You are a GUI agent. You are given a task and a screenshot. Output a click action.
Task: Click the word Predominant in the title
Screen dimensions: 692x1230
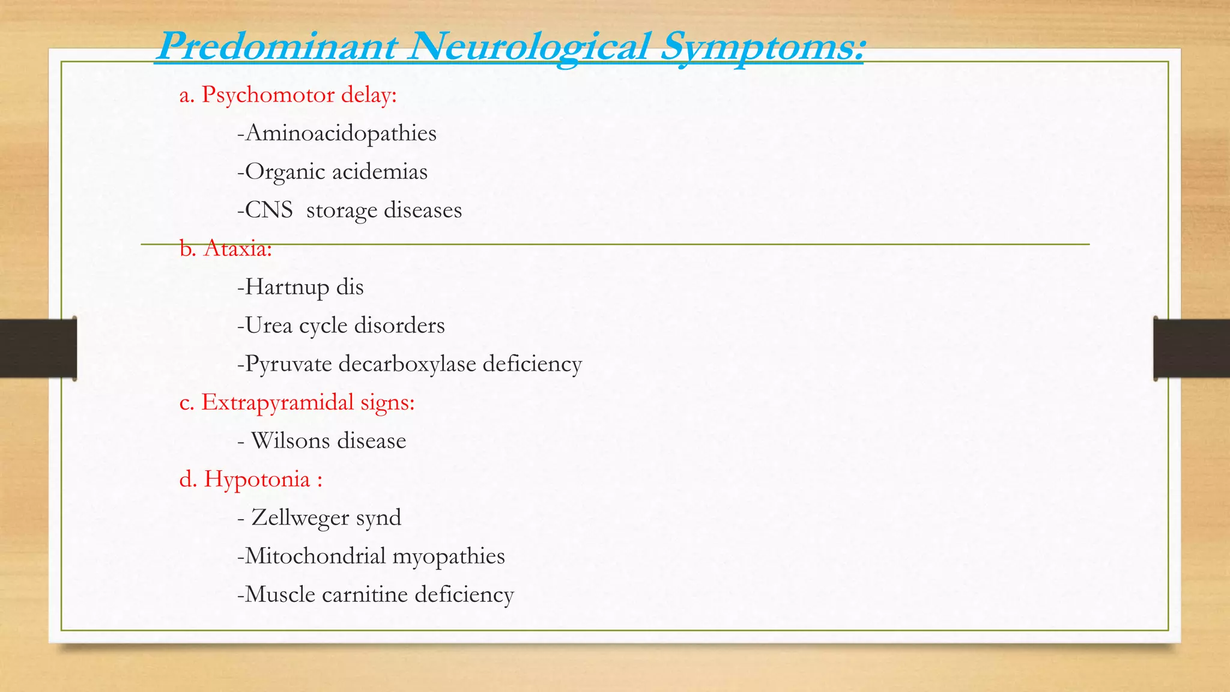[276, 47]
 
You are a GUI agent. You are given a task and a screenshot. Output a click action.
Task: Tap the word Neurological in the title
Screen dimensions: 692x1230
[529, 47]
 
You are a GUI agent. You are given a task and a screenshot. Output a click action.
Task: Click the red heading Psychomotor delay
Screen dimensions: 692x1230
[298, 95]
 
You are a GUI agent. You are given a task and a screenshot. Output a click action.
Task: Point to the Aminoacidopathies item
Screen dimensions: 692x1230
[341, 133]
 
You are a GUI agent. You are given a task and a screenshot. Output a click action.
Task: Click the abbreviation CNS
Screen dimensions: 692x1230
[268, 210]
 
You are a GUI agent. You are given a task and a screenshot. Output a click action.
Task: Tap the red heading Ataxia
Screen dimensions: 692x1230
[237, 248]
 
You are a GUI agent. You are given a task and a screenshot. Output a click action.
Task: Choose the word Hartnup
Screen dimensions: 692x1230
[287, 287]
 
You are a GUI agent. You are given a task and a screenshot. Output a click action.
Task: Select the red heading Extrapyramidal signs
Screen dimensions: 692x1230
[307, 402]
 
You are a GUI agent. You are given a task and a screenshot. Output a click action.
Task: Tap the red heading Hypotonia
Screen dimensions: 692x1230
[257, 479]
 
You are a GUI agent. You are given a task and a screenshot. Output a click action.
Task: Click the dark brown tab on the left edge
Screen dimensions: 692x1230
[38, 348]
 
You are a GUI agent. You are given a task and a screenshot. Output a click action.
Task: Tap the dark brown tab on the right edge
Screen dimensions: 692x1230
[1192, 348]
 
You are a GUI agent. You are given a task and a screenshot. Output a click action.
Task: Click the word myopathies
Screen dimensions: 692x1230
[448, 556]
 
